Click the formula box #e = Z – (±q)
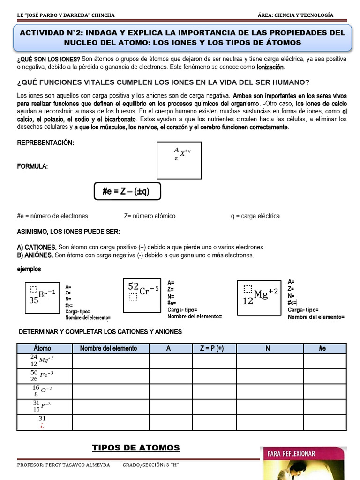(x=127, y=191)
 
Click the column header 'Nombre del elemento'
(x=108, y=348)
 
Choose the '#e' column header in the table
(x=322, y=348)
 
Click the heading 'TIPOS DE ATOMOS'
(x=136, y=448)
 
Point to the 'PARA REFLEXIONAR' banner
(x=291, y=454)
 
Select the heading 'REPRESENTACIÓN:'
(x=45, y=142)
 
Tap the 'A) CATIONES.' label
(x=37, y=247)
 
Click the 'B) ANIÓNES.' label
(x=36, y=255)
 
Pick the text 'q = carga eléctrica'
(x=255, y=216)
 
